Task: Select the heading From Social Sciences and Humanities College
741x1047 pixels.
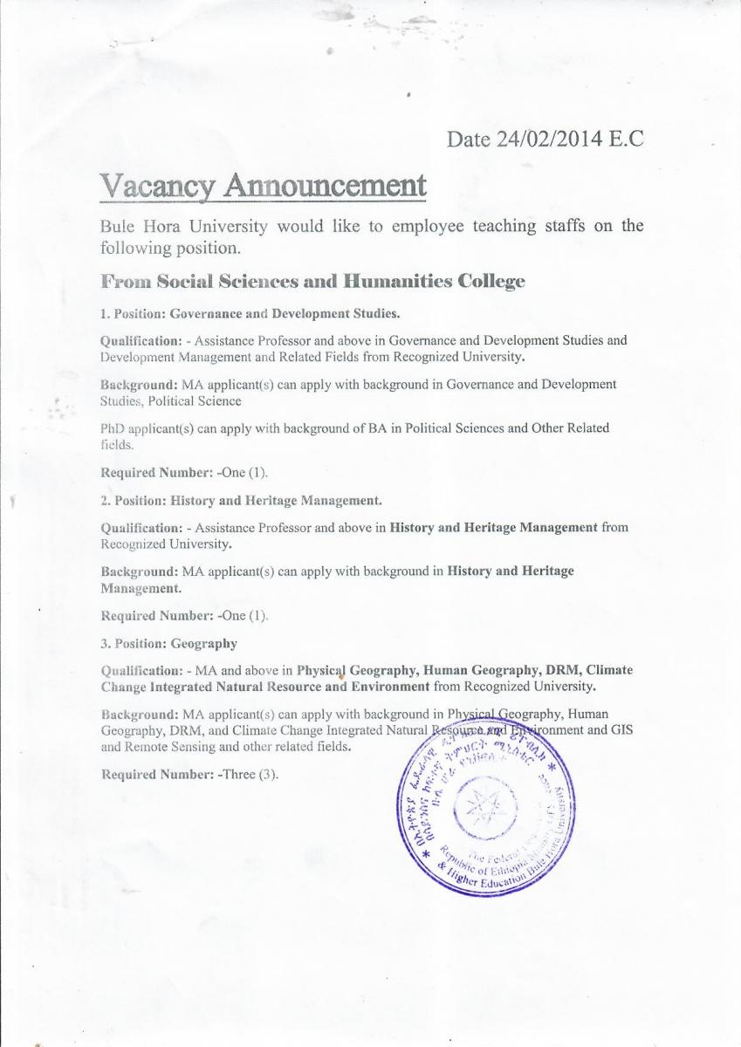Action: tap(313, 281)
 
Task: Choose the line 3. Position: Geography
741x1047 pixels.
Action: tap(169, 644)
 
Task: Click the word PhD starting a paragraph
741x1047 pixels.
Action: tap(113, 428)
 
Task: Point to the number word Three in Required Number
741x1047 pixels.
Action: tap(241, 775)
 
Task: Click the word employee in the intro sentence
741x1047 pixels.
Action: tap(428, 227)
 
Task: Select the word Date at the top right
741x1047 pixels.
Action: tap(465, 138)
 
